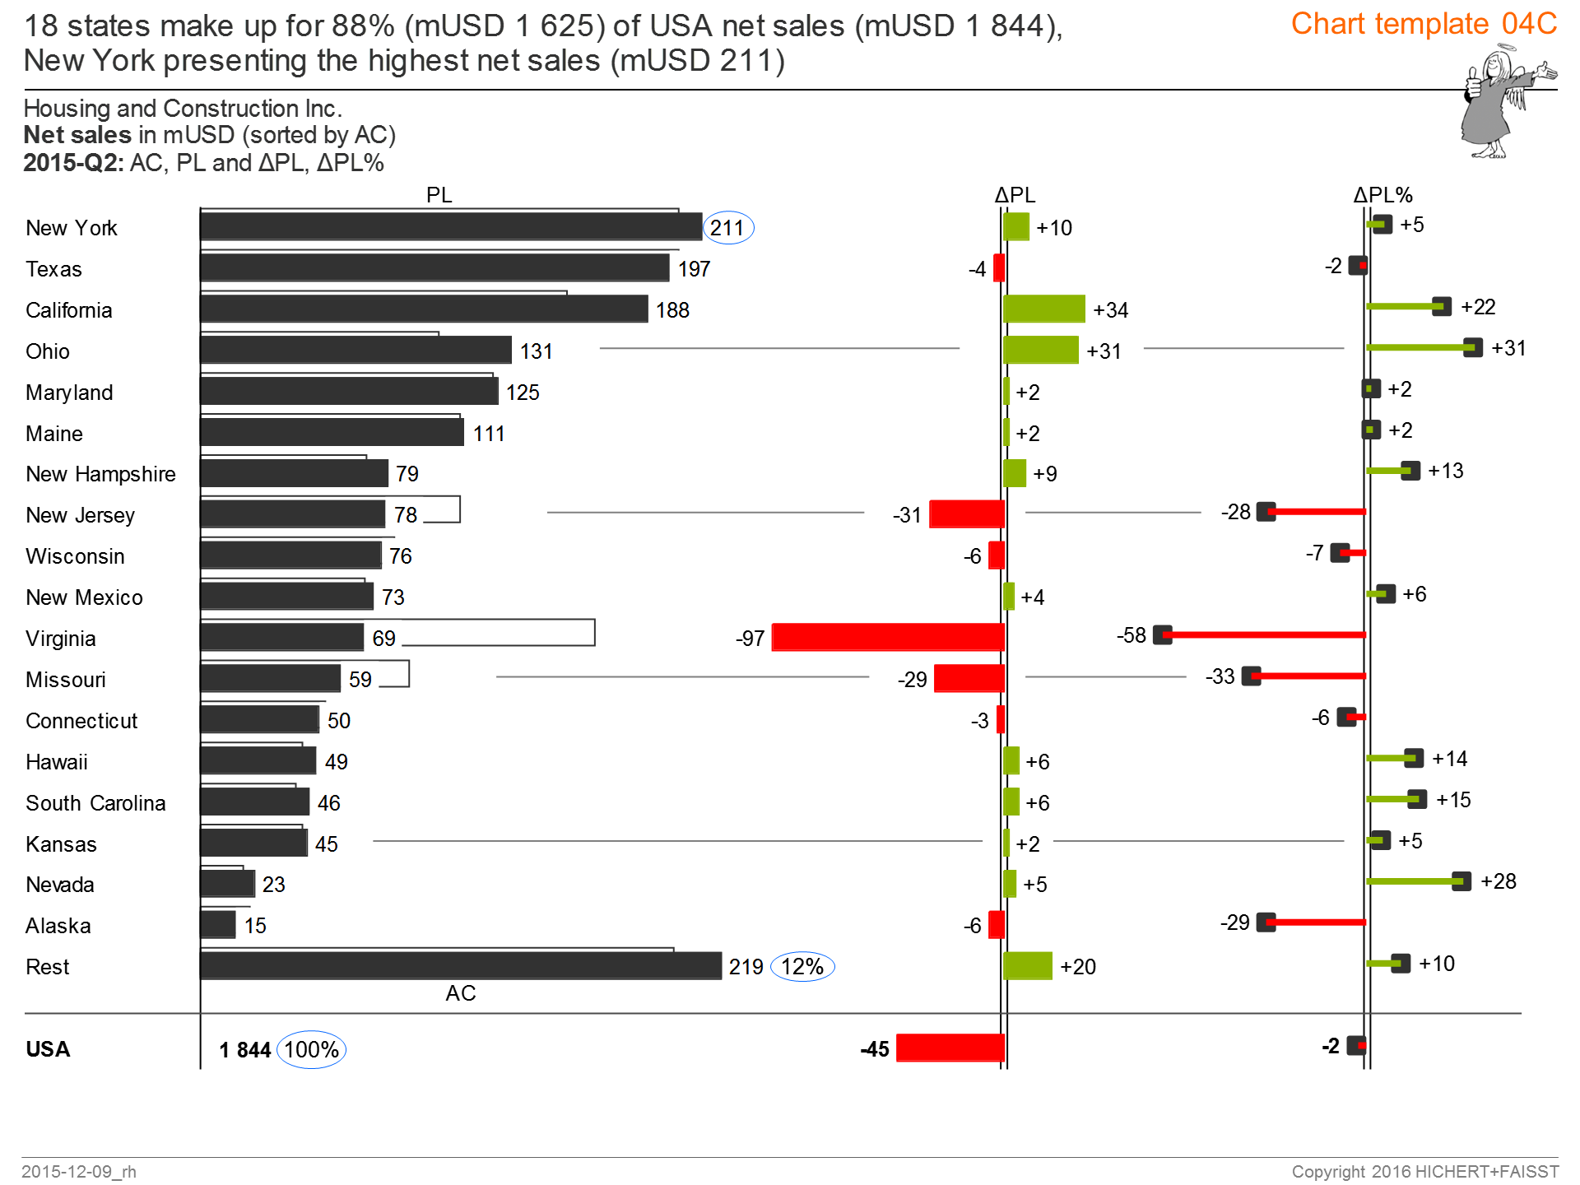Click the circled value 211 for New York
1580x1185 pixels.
coord(727,228)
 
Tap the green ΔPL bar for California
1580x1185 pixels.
coord(1043,309)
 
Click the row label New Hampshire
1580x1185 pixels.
coord(100,474)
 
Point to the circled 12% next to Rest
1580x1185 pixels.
coord(802,966)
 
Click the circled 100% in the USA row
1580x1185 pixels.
coord(311,1050)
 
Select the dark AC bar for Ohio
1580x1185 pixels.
coord(355,351)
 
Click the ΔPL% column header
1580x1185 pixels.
coord(1382,195)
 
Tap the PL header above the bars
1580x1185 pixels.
coord(439,195)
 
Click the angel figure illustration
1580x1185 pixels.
coord(1498,103)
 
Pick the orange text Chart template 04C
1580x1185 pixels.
coord(1423,24)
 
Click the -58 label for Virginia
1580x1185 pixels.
coord(1131,635)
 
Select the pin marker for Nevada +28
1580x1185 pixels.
coord(1461,881)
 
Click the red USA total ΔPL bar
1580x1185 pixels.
coord(950,1048)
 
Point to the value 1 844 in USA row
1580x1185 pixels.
coord(244,1050)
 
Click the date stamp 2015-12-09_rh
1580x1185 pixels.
coord(79,1171)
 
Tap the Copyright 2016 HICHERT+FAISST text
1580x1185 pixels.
coord(1424,1171)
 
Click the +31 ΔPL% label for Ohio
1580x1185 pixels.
coord(1508,348)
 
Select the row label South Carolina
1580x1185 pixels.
coord(95,803)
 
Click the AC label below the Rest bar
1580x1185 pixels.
coord(460,993)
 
